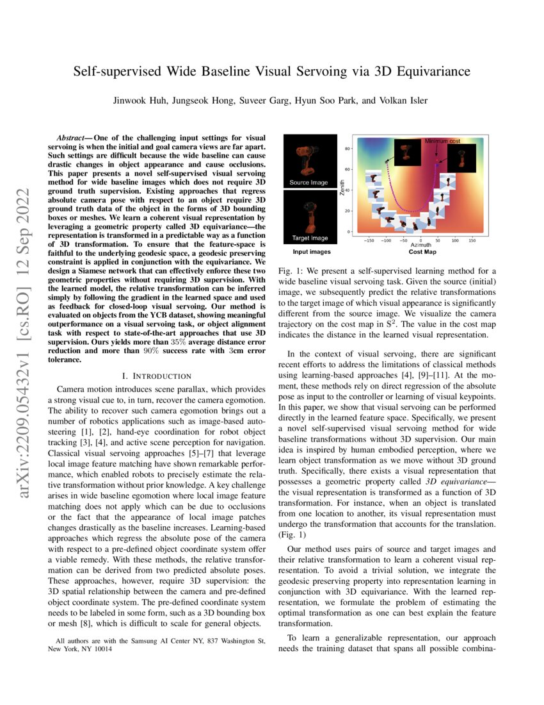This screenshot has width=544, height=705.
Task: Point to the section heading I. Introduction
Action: pos(156,376)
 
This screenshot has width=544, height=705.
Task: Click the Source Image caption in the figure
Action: pos(308,183)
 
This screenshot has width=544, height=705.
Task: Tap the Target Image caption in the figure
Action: pos(310,238)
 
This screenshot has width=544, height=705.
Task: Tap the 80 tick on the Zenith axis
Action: pos(348,149)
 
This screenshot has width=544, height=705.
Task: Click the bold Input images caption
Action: pos(307,253)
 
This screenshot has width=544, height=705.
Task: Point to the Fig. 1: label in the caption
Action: pos(293,272)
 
